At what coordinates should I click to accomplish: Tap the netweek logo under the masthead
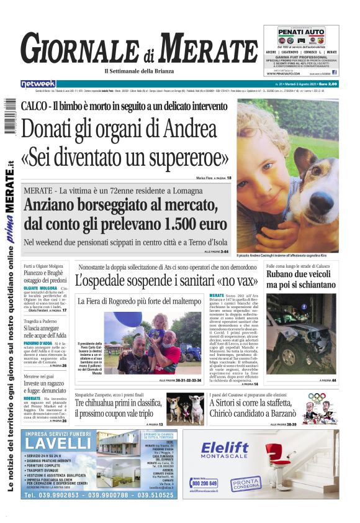pyautogui.click(x=38, y=84)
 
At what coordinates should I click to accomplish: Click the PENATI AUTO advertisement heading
pyautogui.click(x=300, y=31)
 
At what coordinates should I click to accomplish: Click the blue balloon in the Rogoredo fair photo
pyautogui.click(x=128, y=319)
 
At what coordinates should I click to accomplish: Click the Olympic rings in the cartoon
pyautogui.click(x=317, y=396)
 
